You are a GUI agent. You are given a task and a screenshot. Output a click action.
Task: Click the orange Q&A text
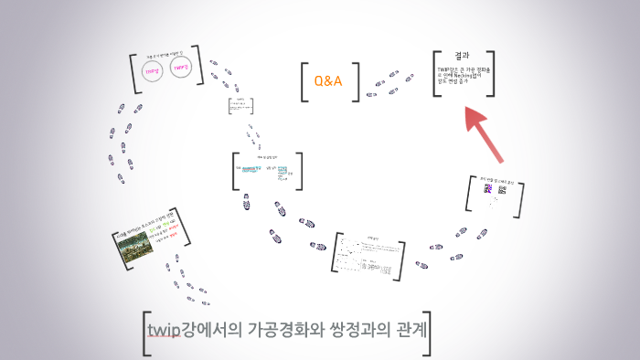pos(327,81)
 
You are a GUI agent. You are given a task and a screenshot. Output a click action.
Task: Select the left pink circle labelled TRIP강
pos(153,69)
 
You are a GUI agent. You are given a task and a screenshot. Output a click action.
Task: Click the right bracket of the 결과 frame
pos(492,74)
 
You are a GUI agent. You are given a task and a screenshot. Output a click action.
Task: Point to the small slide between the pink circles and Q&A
pos(240,106)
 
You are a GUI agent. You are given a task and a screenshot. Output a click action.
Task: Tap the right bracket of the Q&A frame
pos(356,81)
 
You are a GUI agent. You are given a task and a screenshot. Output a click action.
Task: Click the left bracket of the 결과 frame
pos(438,74)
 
